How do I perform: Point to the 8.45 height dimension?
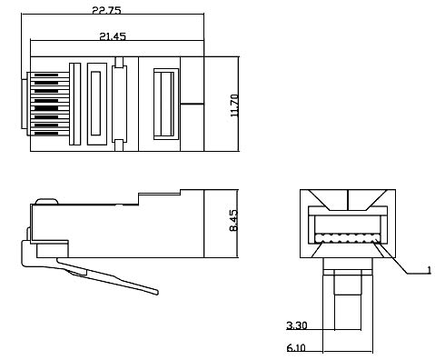(x=234, y=220)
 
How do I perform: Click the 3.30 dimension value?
(x=295, y=325)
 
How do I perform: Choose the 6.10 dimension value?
(x=295, y=346)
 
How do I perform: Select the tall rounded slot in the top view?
(x=95, y=103)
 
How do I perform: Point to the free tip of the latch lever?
(x=156, y=293)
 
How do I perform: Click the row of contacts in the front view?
(x=349, y=240)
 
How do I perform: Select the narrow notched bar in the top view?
(x=119, y=102)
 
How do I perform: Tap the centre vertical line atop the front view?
(x=349, y=196)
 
